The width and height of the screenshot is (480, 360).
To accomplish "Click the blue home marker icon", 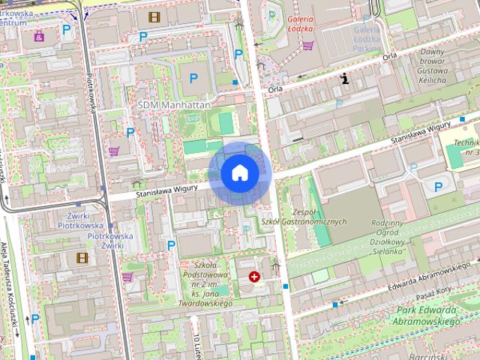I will pyautogui.click(x=240, y=172).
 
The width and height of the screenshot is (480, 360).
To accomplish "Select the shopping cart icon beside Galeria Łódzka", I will pyautogui.click(x=307, y=45).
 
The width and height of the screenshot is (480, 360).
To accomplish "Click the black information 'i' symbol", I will pyautogui.click(x=344, y=77).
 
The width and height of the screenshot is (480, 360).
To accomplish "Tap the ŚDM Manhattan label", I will pyautogui.click(x=174, y=106).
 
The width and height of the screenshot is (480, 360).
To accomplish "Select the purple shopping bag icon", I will pyautogui.click(x=39, y=34).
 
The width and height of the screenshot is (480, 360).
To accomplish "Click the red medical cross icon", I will pyautogui.click(x=255, y=277).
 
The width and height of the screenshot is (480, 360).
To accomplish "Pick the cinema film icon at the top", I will pyautogui.click(x=154, y=16).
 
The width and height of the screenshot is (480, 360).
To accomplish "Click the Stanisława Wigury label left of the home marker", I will pyautogui.click(x=166, y=191).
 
